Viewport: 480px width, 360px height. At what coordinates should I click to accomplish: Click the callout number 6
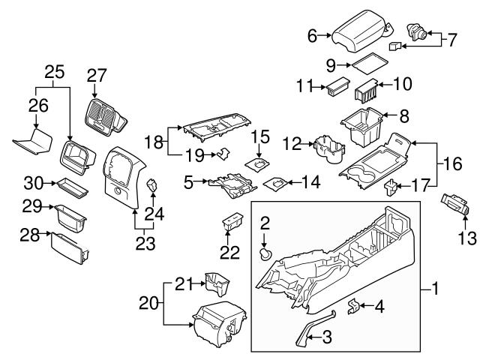[313, 35]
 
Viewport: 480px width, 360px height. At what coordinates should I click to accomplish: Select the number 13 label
[467, 238]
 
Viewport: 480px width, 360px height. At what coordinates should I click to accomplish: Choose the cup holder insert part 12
[328, 150]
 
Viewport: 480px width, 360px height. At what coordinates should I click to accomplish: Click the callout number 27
[97, 75]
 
